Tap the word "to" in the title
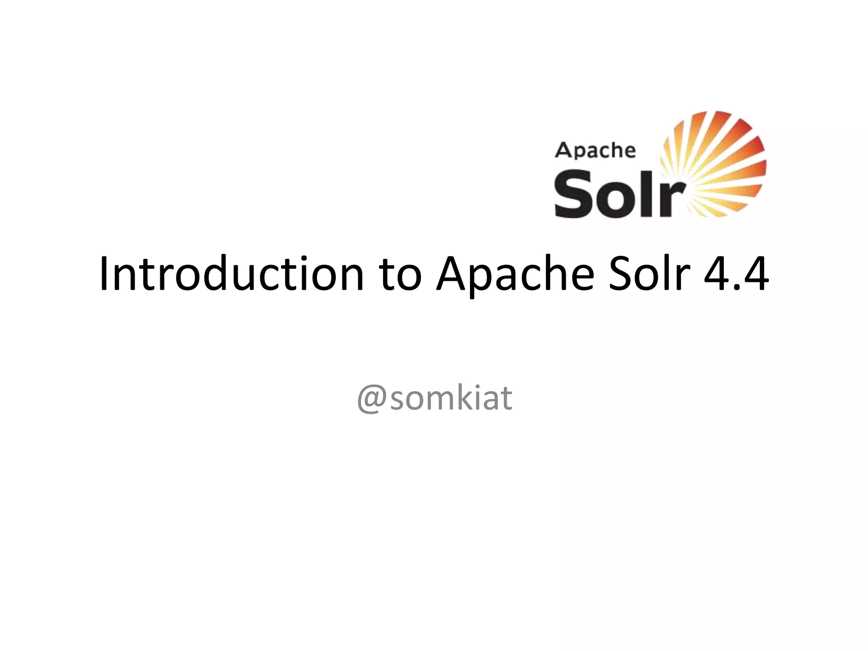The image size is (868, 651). pos(401,275)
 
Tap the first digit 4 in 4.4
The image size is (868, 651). pos(718,273)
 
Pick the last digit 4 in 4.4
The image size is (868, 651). pos(755,273)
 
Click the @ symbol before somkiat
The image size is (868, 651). pos(372,399)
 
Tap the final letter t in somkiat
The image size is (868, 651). pos(506,398)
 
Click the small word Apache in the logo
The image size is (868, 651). pos(595,150)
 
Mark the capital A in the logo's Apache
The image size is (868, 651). pos(564,150)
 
